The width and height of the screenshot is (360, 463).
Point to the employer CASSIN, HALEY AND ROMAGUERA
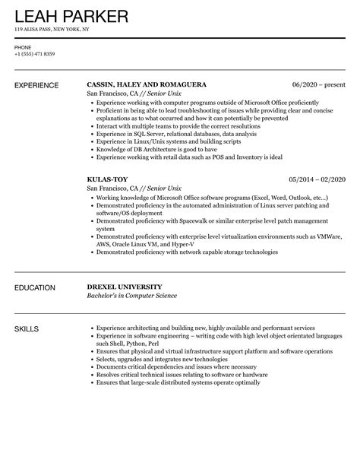pos(147,84)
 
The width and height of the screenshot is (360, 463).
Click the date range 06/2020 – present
pos(318,84)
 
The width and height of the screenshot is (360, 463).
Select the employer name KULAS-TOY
pos(109,179)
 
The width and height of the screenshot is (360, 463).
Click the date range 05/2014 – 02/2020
pos(317,179)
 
